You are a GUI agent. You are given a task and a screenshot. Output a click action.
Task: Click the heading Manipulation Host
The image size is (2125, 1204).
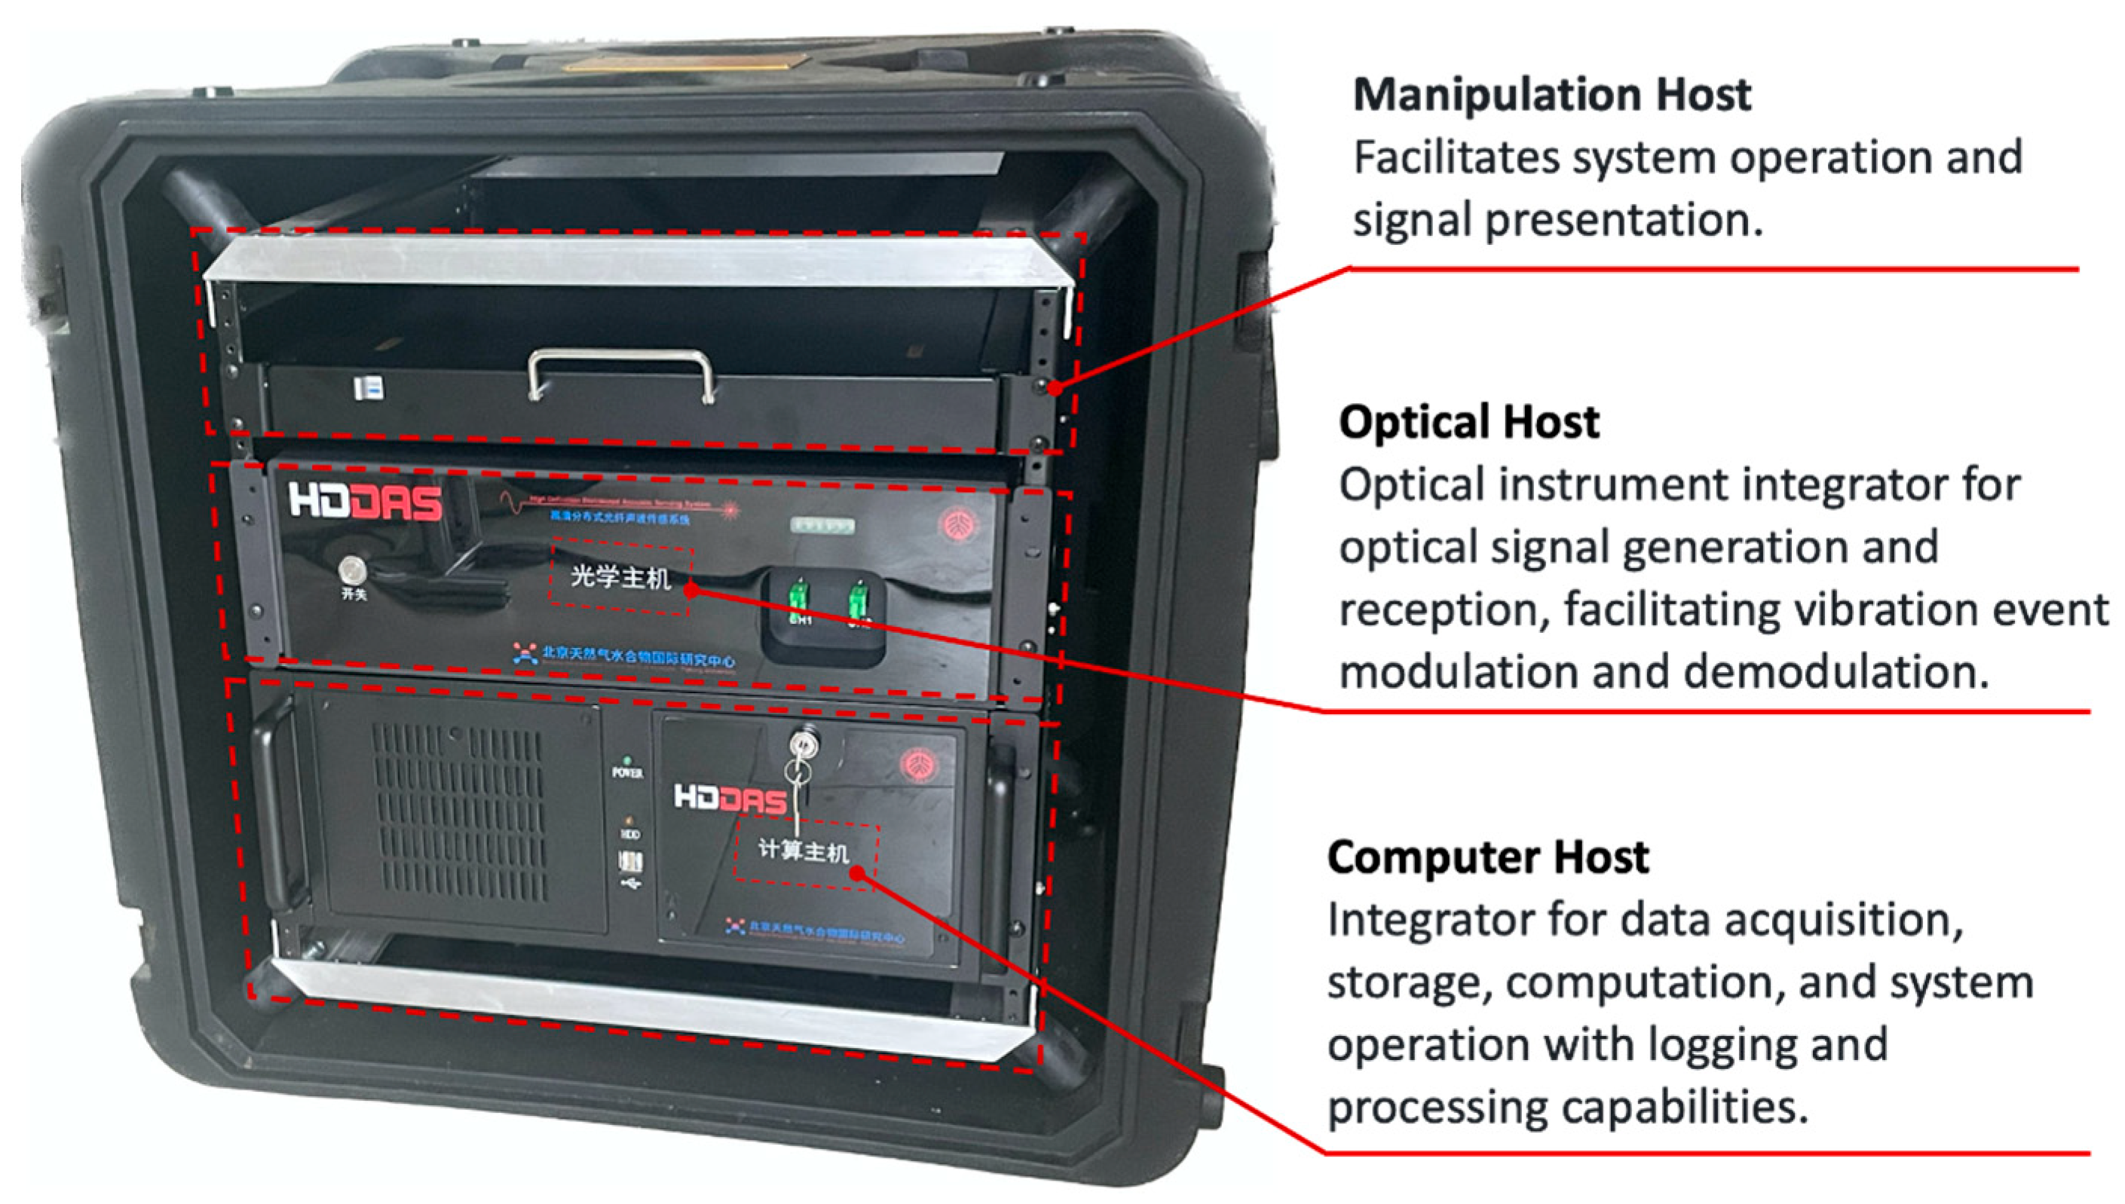point(1551,94)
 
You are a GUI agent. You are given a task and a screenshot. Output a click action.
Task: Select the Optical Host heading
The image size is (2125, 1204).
point(1468,423)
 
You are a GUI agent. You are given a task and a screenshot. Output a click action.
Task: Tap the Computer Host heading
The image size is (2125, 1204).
point(1487,857)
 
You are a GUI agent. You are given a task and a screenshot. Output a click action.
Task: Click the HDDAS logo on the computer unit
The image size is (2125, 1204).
point(730,798)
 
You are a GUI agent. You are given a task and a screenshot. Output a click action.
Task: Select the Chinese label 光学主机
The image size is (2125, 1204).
point(620,577)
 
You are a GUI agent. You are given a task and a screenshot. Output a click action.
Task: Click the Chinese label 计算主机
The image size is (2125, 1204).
point(803,851)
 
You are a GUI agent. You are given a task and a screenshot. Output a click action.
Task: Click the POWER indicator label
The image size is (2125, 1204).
point(627,772)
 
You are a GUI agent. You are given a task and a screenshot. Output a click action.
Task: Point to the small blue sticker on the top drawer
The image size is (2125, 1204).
point(369,388)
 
